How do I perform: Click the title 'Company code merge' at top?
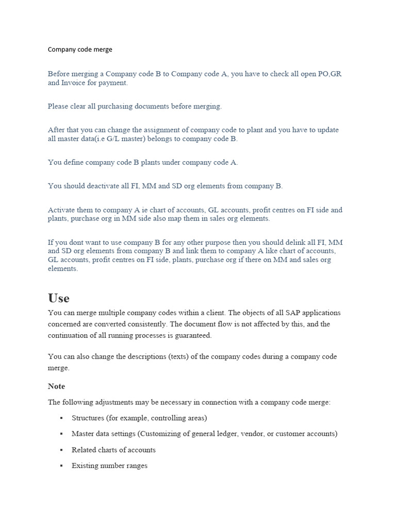coord(80,50)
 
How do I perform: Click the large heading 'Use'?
coord(59,298)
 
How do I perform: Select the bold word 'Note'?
coord(56,386)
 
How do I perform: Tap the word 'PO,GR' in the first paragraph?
coord(329,74)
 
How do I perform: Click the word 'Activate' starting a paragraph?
coord(61,210)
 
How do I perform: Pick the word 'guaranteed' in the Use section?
coord(193,335)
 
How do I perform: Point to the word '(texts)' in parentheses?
coord(180,356)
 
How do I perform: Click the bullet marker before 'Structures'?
coord(61,418)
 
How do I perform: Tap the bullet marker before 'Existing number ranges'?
coord(61,466)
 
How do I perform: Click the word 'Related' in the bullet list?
coord(84,450)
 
